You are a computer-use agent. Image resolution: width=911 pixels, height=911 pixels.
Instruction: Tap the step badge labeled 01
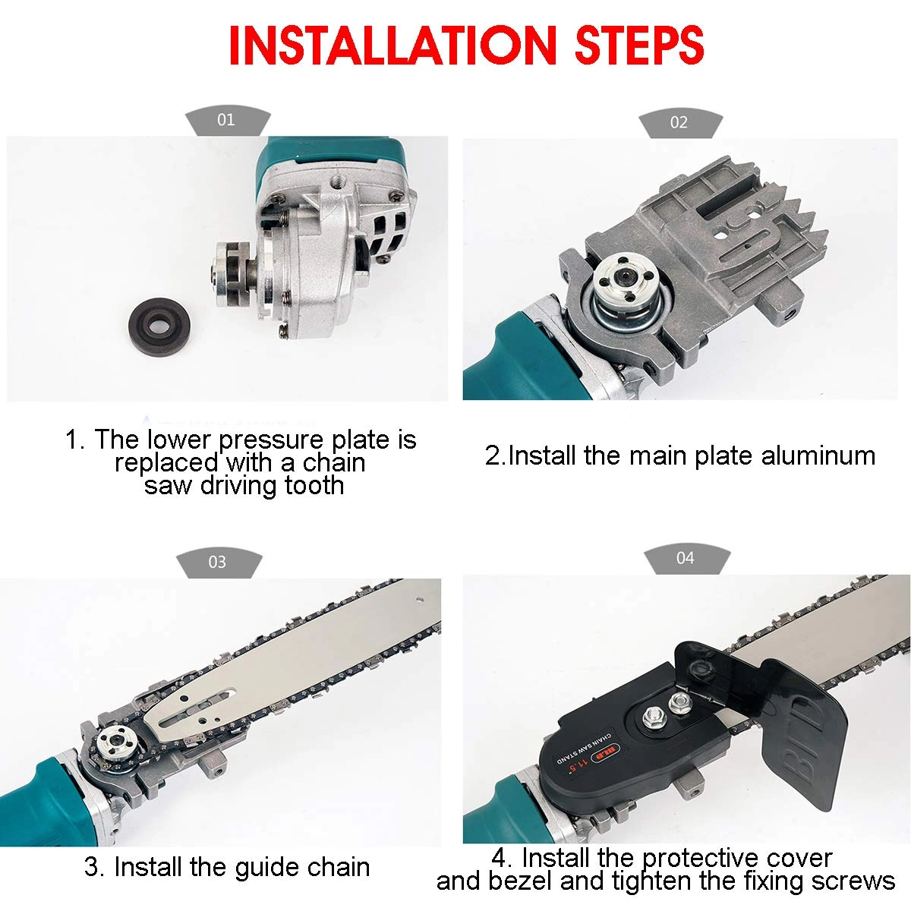pyautogui.click(x=225, y=121)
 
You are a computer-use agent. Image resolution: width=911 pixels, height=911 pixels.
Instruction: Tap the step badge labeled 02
pyautogui.click(x=679, y=123)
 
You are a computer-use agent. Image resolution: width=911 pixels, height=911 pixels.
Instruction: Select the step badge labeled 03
pyautogui.click(x=217, y=563)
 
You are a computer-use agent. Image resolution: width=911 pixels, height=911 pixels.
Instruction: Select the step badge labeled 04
pyautogui.click(x=685, y=559)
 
